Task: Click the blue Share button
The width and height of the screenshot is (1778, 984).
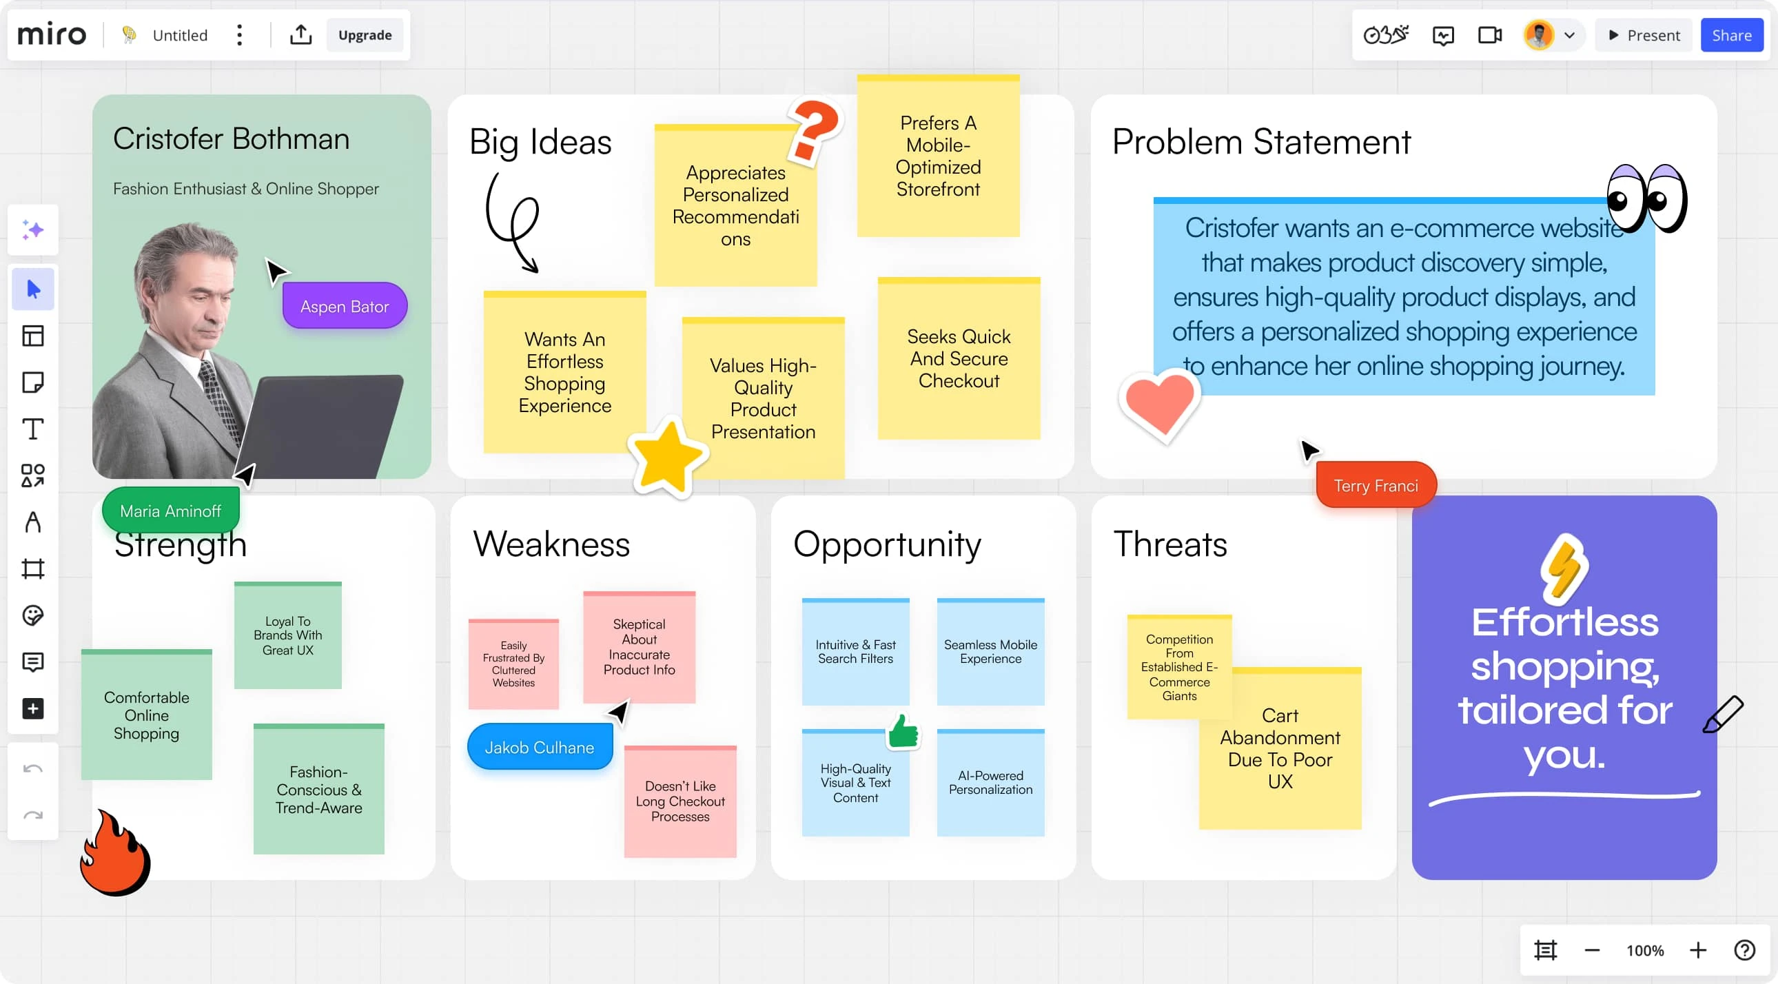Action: point(1731,35)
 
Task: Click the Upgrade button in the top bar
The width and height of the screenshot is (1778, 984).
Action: point(365,35)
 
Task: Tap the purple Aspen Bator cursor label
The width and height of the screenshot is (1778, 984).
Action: point(345,306)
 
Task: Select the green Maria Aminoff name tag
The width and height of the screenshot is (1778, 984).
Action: point(170,511)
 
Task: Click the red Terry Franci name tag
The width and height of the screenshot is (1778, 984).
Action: point(1376,485)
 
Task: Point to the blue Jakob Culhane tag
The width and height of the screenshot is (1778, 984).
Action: point(539,747)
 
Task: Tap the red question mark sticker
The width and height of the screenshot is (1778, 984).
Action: point(815,129)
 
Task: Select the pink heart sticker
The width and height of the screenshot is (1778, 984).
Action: point(1160,407)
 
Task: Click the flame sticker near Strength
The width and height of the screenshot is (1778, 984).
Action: point(114,853)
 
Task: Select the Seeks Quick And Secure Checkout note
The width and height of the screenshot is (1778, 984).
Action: point(959,358)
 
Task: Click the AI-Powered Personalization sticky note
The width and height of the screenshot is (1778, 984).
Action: point(990,783)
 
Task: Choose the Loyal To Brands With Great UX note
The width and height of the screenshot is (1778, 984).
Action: point(288,635)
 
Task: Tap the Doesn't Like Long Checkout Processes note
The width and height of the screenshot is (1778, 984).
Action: point(680,801)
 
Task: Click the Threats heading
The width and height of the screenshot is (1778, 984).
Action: point(1171,544)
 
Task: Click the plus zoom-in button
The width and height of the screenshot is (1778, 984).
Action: point(1698,950)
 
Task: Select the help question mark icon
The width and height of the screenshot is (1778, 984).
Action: point(1744,950)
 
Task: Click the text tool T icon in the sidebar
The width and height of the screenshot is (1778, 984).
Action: point(32,429)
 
